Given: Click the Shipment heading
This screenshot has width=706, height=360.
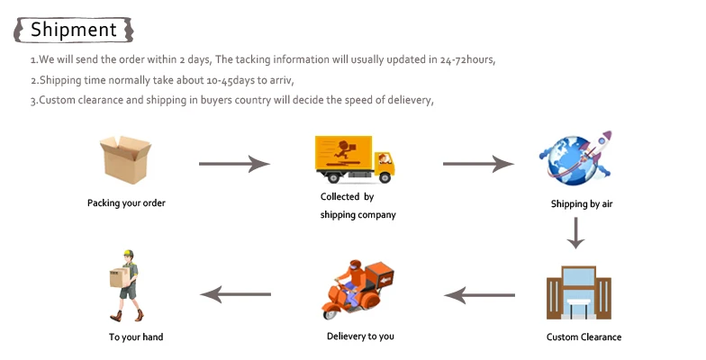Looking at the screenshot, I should [x=74, y=29].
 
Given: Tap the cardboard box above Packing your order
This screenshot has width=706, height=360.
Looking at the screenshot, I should [x=125, y=159].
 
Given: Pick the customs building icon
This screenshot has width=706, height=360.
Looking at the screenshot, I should [x=573, y=293].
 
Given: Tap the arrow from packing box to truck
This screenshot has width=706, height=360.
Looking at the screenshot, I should [x=234, y=164].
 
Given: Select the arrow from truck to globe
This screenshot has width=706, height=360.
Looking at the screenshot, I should [x=478, y=164].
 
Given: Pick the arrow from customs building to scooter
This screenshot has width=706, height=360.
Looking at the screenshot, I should [x=480, y=294].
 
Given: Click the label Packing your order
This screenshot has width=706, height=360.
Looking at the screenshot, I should [x=126, y=203].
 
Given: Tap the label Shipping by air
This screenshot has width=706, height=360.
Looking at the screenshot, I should [x=582, y=204].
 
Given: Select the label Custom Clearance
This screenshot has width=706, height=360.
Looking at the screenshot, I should [x=584, y=337].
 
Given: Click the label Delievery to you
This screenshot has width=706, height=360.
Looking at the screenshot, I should [x=360, y=337].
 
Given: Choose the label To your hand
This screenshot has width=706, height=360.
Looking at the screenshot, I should [x=136, y=337].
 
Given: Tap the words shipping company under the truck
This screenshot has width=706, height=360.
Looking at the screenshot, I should [x=358, y=215].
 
